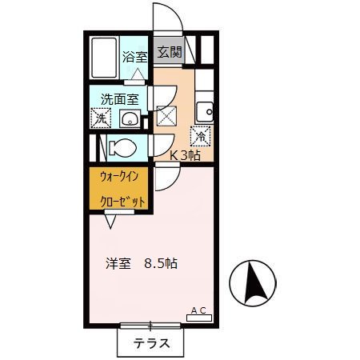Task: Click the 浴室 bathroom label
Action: [134, 57]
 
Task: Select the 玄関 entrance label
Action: [169, 53]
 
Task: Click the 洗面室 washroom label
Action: [118, 100]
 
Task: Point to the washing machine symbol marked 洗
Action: [100, 118]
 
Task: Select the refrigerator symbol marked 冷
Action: [201, 136]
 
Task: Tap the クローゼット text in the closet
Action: [122, 202]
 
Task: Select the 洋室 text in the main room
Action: [118, 263]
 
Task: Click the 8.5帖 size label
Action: [161, 263]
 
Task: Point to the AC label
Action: [198, 309]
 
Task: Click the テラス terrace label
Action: [150, 345]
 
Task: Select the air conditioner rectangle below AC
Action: [198, 318]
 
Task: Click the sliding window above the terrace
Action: [150, 326]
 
